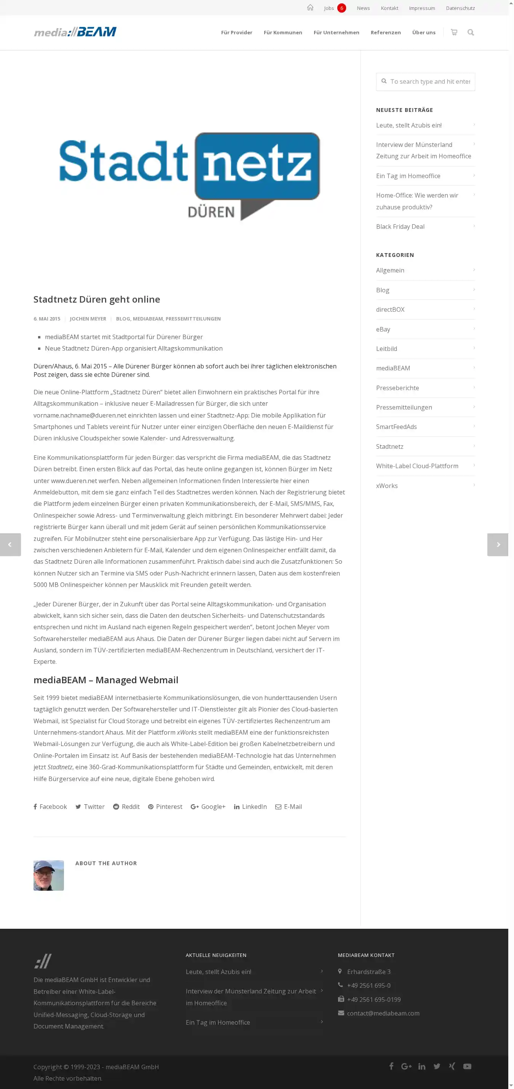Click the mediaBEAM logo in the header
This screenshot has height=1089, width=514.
coord(75,32)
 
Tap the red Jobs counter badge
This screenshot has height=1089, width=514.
coord(342,8)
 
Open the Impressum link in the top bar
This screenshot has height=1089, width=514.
coord(421,8)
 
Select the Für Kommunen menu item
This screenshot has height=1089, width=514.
coord(283,33)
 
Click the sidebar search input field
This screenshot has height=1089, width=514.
coord(429,81)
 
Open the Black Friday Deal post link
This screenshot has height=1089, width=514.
coord(400,226)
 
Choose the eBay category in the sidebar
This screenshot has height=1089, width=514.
coord(383,329)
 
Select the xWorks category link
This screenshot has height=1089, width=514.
coord(387,486)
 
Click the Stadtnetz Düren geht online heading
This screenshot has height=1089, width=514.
coord(97,299)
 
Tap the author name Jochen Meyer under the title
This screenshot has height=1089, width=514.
coord(88,319)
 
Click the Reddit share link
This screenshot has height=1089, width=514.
coord(126,807)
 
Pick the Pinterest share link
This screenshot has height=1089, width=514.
coord(165,807)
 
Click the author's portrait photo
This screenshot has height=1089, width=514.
coord(49,875)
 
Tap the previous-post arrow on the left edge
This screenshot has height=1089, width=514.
coord(10,544)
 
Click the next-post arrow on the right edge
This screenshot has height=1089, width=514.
coord(498,544)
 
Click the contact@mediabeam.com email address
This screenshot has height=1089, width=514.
coord(383,1013)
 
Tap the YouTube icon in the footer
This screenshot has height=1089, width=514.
coord(467,1067)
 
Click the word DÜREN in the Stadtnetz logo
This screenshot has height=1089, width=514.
coord(211,212)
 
